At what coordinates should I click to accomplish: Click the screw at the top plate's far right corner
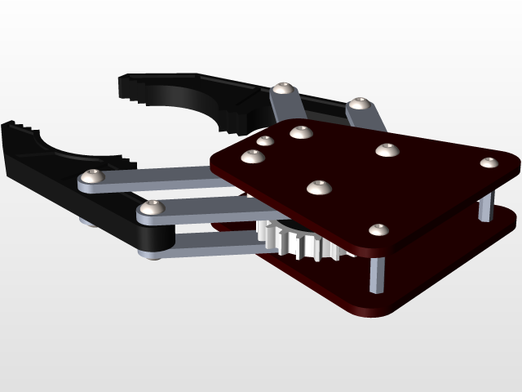(x=489, y=162)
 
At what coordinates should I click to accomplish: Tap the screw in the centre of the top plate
(x=320, y=187)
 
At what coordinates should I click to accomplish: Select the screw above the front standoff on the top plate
(x=377, y=230)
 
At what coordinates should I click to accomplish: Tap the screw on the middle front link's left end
(x=149, y=210)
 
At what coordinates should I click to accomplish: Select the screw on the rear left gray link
(x=283, y=88)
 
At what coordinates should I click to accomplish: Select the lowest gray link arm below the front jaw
(x=204, y=244)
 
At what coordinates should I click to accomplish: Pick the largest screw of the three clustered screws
(x=301, y=131)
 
